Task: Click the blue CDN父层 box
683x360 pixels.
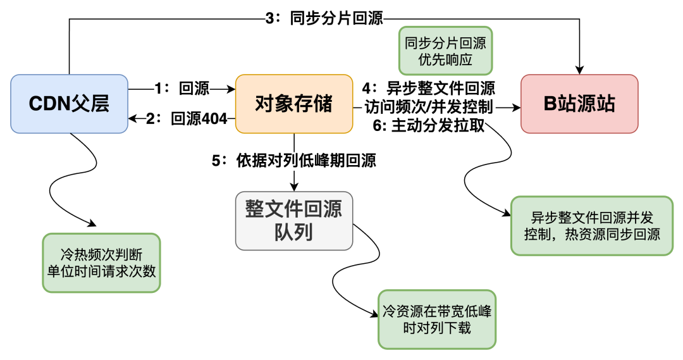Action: tap(69, 104)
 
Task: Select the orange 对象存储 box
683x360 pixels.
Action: tap(294, 104)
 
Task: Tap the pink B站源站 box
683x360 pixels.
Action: tap(579, 104)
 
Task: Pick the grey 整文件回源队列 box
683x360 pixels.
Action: tap(294, 220)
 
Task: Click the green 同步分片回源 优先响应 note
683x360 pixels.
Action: tap(445, 53)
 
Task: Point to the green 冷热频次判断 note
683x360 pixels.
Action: tap(101, 263)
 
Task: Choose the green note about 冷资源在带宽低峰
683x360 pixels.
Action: tap(437, 320)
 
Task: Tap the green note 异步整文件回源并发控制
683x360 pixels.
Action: tap(592, 226)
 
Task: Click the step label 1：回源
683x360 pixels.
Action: tap(182, 89)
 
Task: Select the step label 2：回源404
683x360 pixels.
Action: tap(187, 119)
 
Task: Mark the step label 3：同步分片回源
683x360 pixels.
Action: tap(324, 18)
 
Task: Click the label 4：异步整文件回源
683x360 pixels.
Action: tap(429, 89)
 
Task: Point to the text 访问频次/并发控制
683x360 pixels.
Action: tap(429, 107)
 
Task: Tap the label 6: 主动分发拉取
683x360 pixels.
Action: tap(429, 125)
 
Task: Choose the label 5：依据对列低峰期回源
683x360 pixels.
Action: tap(294, 161)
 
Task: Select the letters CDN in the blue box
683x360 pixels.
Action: tap(50, 104)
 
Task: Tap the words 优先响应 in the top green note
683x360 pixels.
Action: tap(445, 61)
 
